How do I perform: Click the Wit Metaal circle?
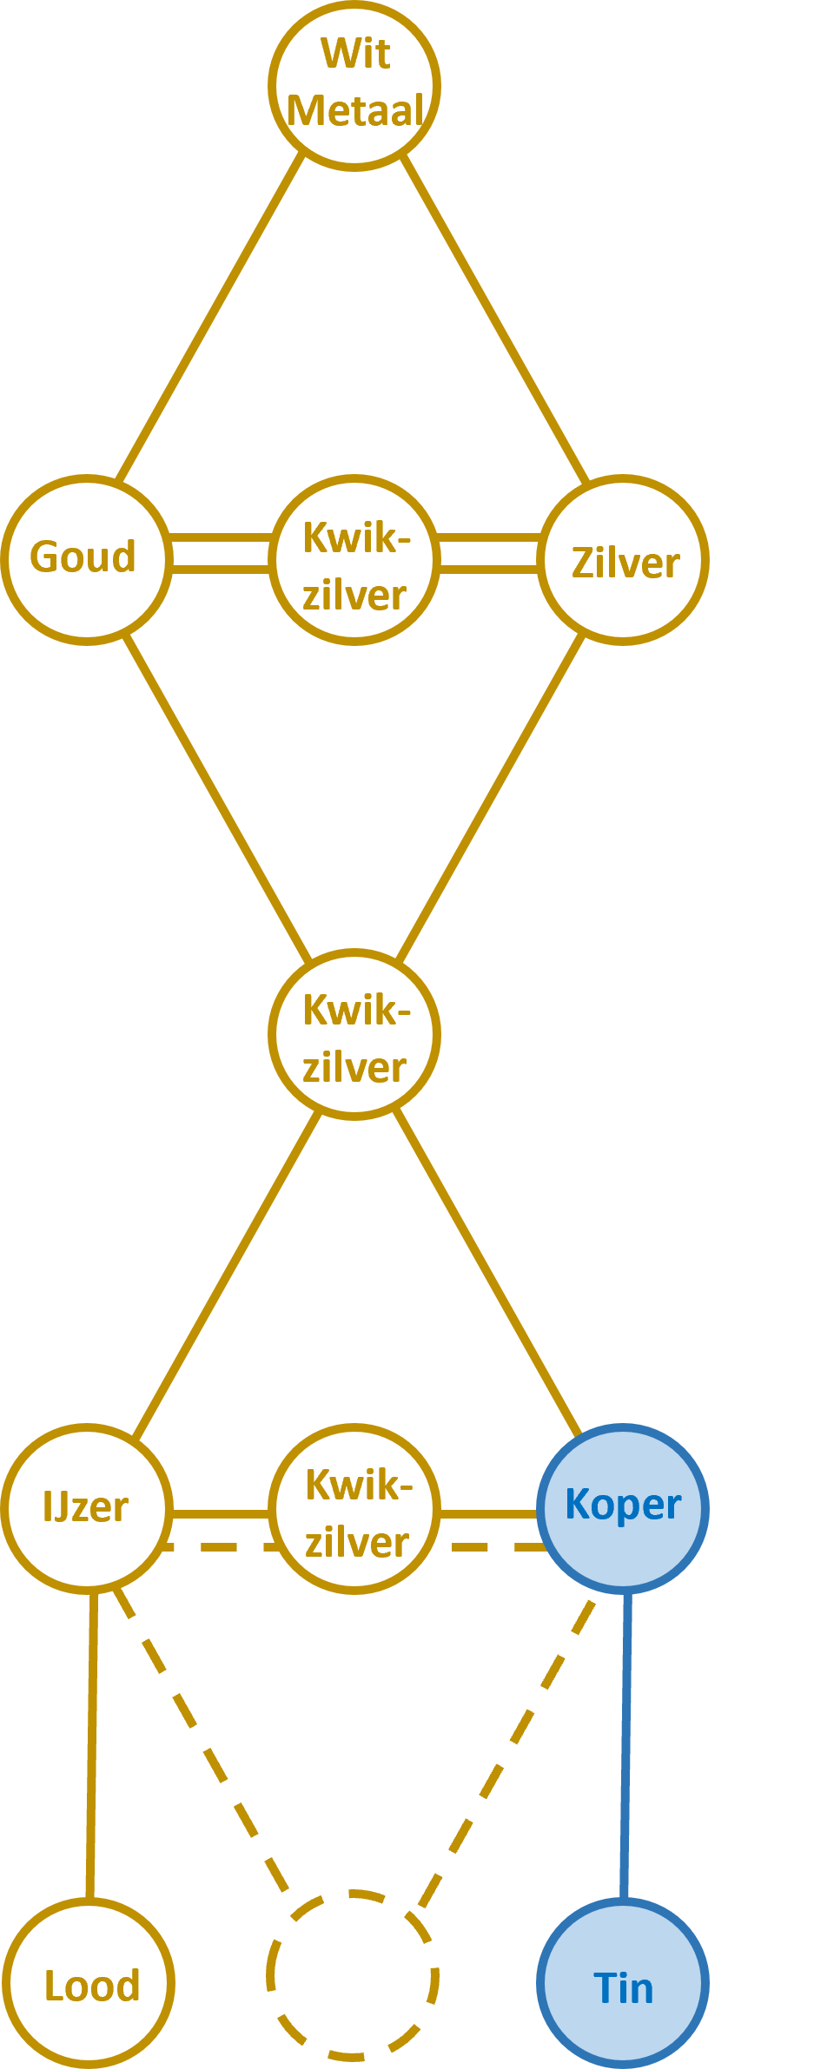point(354,85)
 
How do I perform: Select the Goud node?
point(86,559)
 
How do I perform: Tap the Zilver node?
point(623,559)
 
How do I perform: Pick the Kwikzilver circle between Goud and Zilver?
point(354,559)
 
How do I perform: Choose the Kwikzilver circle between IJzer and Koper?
point(354,1509)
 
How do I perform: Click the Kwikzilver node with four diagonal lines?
point(354,1034)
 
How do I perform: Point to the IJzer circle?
point(86,1509)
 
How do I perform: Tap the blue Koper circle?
point(623,1509)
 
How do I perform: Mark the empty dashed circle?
point(353,1974)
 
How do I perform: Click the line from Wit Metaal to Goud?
point(210,318)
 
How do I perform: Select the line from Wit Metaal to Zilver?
point(495,318)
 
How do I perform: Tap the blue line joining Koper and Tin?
point(625,1745)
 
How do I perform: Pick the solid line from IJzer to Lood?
point(91,1745)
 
